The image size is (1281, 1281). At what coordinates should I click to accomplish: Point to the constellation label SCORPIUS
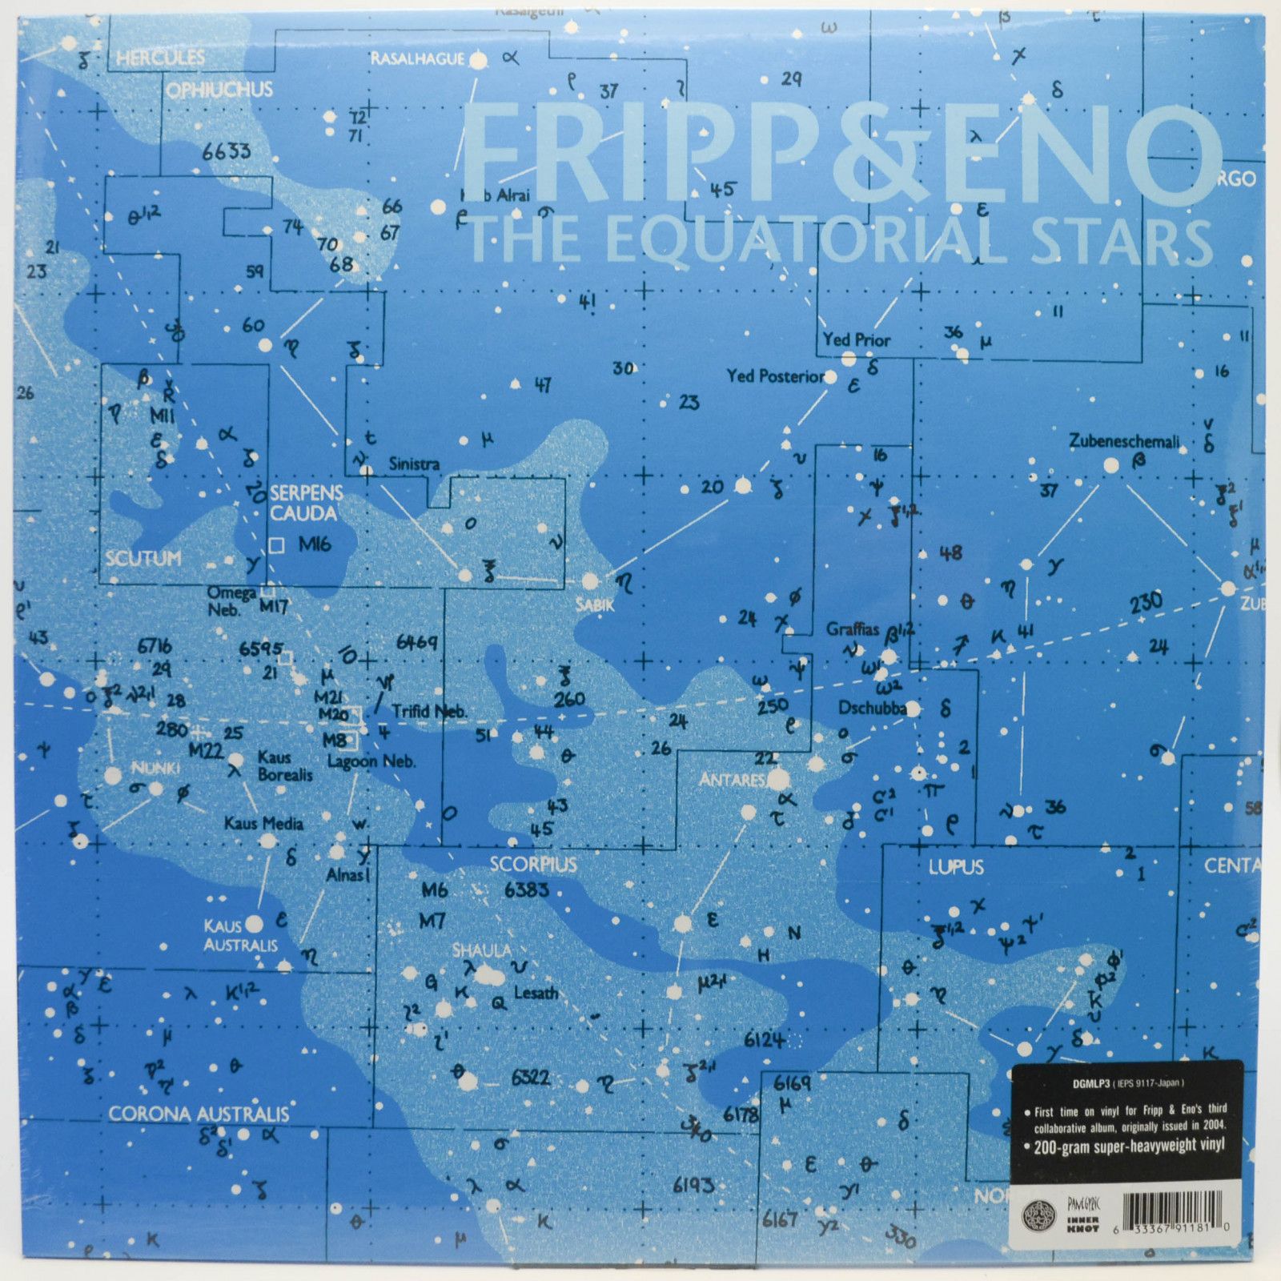tap(533, 865)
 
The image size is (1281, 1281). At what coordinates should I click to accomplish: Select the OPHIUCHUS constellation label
tap(219, 90)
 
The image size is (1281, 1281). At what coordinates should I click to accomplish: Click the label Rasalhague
tap(417, 59)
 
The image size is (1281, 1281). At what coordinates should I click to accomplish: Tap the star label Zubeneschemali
tap(1123, 441)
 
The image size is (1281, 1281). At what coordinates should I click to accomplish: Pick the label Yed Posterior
tap(775, 375)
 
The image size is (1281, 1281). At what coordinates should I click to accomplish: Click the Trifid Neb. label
tap(429, 711)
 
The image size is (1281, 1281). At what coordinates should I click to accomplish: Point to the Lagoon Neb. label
tap(371, 761)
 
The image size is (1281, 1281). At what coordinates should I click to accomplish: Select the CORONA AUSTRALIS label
tap(199, 1114)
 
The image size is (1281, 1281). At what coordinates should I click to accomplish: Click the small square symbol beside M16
tap(277, 545)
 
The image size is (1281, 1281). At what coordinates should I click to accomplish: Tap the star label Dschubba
tap(872, 709)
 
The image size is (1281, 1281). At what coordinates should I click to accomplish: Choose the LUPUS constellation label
tap(955, 867)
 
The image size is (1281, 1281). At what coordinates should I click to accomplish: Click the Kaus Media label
tap(263, 823)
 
